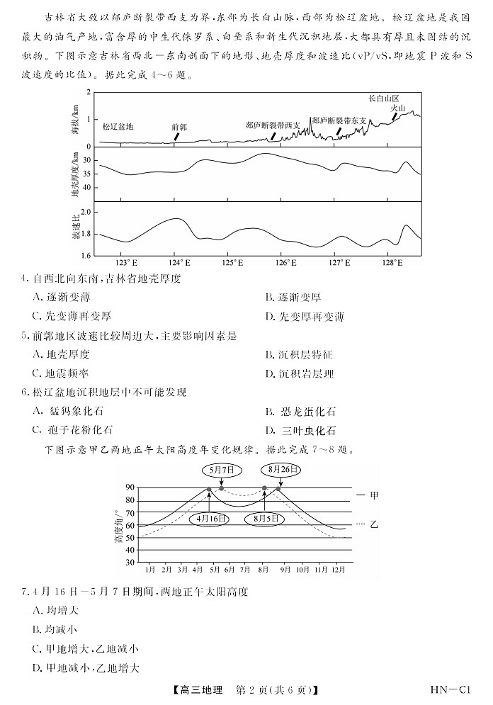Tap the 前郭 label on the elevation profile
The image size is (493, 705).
179,127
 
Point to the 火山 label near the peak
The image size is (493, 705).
399,108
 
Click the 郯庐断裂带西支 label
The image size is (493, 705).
273,125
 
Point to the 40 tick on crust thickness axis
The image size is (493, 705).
87,188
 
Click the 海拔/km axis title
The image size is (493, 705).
74,120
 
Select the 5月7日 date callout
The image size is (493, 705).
222,469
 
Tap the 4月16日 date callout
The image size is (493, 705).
209,519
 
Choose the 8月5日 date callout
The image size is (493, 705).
263,519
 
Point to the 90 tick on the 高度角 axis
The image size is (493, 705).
130,487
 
